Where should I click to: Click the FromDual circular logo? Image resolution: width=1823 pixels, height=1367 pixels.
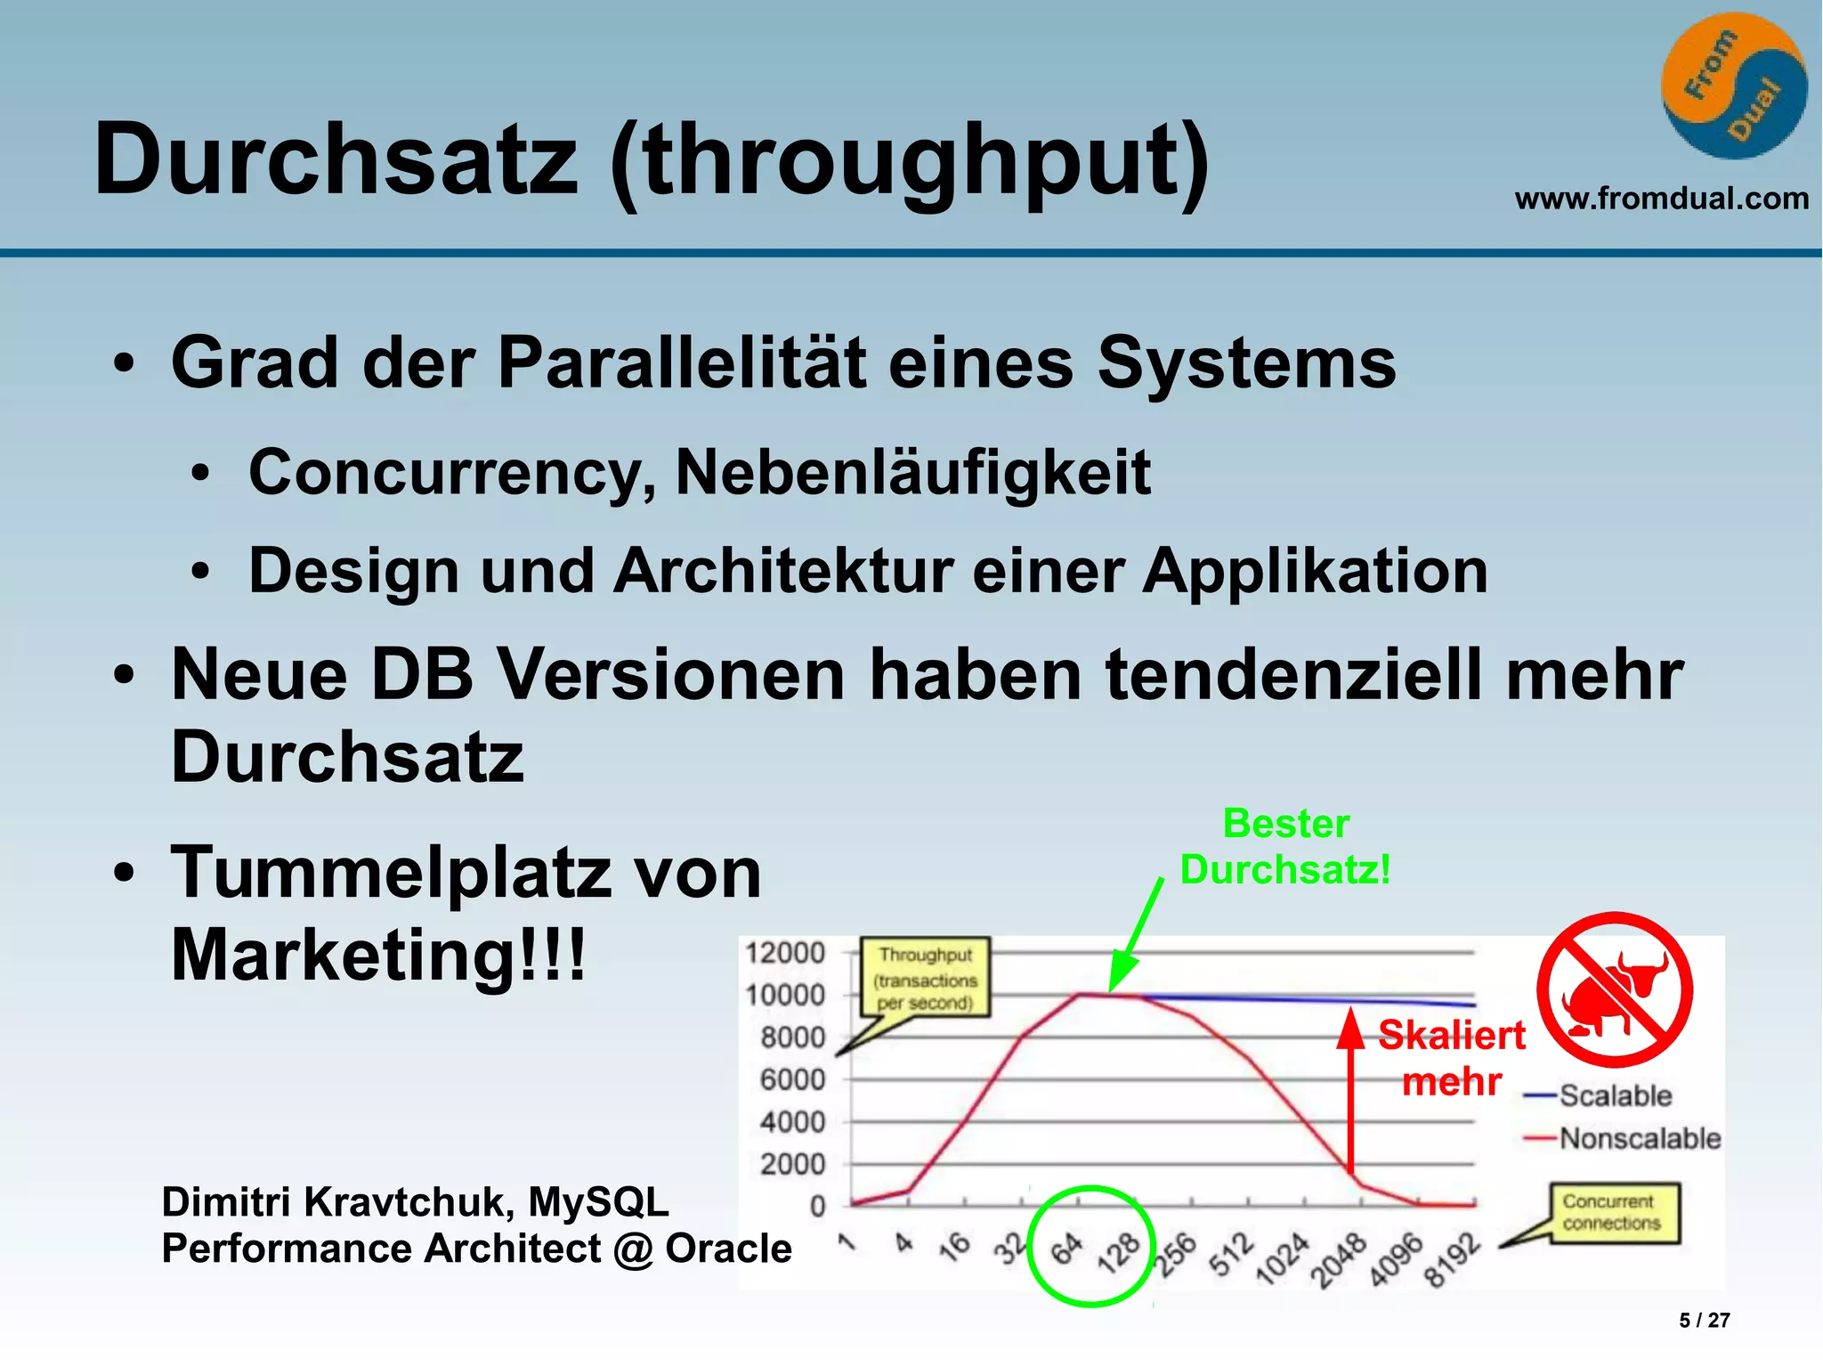point(1733,86)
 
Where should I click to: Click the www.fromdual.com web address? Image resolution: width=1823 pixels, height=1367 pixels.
point(1661,198)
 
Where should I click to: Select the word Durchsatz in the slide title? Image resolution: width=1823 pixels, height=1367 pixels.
point(336,160)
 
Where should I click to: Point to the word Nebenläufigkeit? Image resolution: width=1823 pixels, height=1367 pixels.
point(912,472)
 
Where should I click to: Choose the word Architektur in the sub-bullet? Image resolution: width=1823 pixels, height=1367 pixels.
point(783,571)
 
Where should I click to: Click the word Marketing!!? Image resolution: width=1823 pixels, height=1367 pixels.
point(378,955)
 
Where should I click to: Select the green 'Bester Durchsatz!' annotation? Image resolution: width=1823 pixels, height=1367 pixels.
point(1285,847)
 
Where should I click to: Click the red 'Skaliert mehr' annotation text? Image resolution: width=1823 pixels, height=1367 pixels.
point(1452,1058)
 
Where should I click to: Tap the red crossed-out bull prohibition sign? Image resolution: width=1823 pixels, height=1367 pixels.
point(1615,989)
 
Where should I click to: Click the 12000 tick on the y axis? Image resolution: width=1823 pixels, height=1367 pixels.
point(785,953)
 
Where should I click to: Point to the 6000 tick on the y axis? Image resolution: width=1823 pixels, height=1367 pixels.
point(792,1080)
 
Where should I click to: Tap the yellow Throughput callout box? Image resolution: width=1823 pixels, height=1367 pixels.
point(925,978)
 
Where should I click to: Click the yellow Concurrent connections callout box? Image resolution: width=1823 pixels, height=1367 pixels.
point(1612,1212)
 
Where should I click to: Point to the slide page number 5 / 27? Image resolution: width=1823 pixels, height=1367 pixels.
point(1704,1321)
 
